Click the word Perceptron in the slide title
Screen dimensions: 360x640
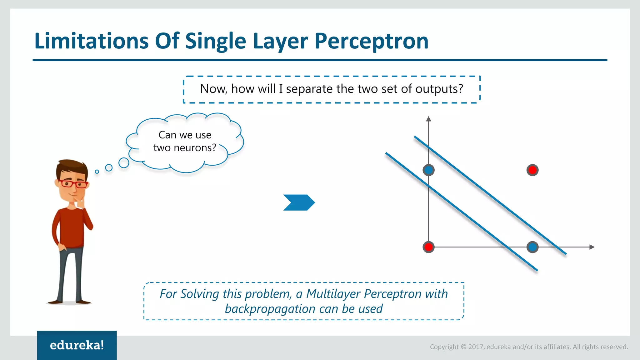[x=371, y=41]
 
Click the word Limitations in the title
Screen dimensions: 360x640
[x=91, y=41]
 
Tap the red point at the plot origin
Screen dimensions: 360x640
[x=428, y=247]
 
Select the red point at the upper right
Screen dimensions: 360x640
[x=532, y=170]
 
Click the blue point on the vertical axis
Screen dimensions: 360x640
[x=428, y=170]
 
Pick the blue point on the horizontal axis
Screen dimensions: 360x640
[x=532, y=247]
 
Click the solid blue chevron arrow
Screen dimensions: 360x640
[x=299, y=202]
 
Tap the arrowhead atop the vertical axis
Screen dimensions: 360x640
[x=428, y=119]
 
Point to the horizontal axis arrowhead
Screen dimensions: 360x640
[x=592, y=247]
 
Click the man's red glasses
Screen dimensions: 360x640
[x=73, y=184]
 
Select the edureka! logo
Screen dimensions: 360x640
[x=77, y=345]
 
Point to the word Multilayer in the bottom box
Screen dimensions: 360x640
[x=333, y=294]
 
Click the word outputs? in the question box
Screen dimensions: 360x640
[x=439, y=89]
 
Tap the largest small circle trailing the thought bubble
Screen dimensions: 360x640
[x=124, y=163]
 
